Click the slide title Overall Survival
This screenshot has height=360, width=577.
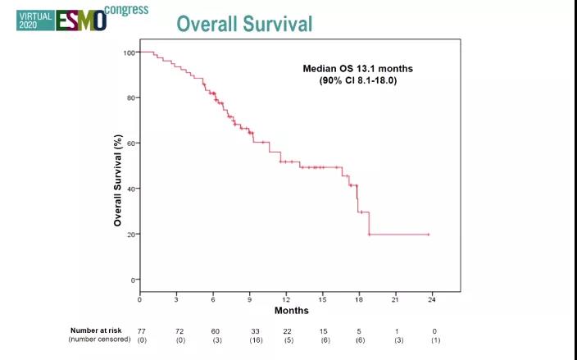244,24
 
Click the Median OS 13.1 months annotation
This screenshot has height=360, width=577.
358,69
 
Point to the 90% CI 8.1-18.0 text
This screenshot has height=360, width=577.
358,80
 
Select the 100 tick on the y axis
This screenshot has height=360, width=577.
129,52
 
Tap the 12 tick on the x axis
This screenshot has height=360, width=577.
286,298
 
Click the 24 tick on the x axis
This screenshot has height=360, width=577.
432,298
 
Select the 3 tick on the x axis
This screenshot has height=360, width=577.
176,298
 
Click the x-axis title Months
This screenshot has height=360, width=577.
291,311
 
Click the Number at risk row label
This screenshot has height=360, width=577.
98,330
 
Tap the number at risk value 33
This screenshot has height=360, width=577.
255,330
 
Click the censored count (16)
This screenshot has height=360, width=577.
255,339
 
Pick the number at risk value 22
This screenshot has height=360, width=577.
288,330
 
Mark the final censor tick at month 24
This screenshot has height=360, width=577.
428,235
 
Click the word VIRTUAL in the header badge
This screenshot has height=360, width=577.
34,15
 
